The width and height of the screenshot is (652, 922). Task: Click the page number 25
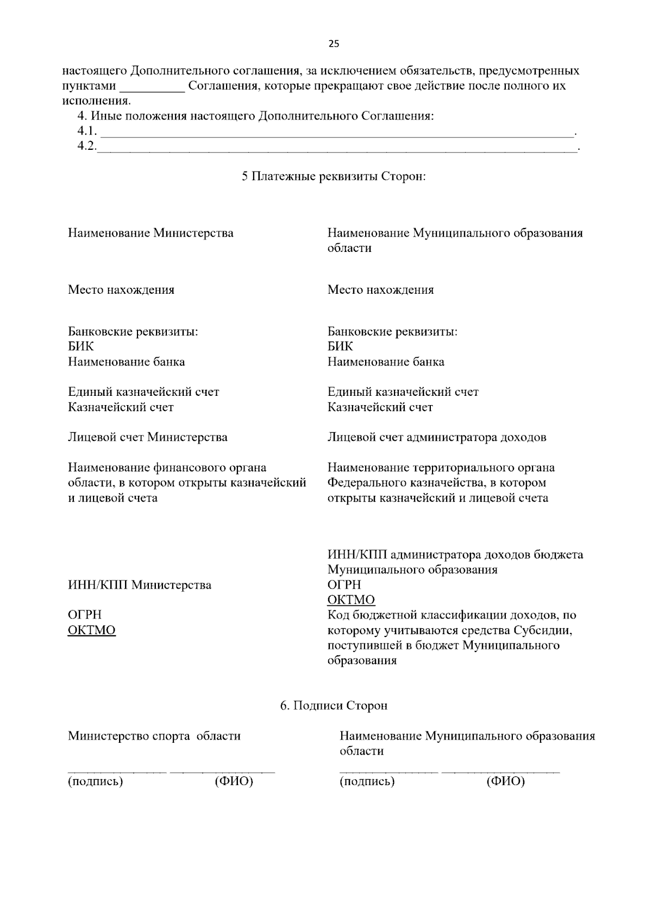pos(334,45)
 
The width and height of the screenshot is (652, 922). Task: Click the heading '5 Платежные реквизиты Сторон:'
pos(334,176)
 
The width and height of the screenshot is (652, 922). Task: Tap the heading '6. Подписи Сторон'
pos(334,705)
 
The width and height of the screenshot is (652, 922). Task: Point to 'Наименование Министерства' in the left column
pos(151,233)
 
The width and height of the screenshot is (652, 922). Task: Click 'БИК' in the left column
pos(80,346)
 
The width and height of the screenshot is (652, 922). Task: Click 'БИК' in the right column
pos(340,346)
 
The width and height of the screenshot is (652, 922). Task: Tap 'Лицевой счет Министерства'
pos(147,437)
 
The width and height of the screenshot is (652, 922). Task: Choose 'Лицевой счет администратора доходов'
pos(437,437)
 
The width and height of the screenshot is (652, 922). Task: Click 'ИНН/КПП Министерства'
pos(140,585)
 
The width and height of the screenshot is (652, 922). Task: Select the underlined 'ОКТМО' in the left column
pos(91,630)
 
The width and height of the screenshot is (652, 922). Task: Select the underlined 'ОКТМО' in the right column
pos(351,600)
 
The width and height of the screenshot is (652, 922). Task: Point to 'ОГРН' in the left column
pos(84,615)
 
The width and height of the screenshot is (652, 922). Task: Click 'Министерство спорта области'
pos(154,736)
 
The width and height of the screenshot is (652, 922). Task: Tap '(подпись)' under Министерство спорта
pos(95,781)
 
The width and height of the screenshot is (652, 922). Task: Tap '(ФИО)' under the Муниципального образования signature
pos(505,781)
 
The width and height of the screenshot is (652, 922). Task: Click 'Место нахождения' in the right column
pos(380,289)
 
